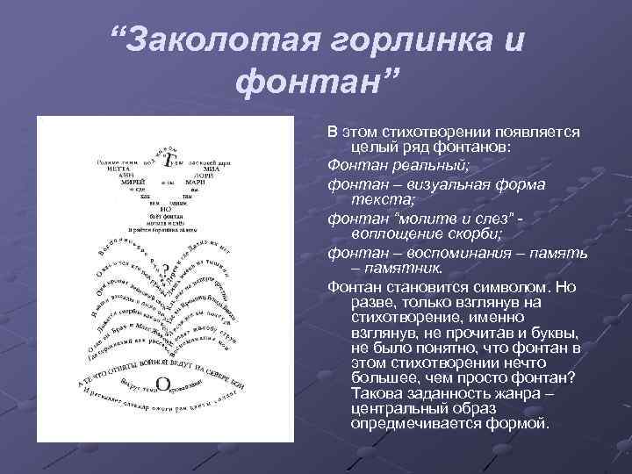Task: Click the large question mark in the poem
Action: click(163, 267)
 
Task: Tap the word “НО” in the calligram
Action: click(164, 209)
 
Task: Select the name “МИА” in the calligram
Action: click(202, 169)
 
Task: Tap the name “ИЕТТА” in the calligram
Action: click(132, 169)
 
